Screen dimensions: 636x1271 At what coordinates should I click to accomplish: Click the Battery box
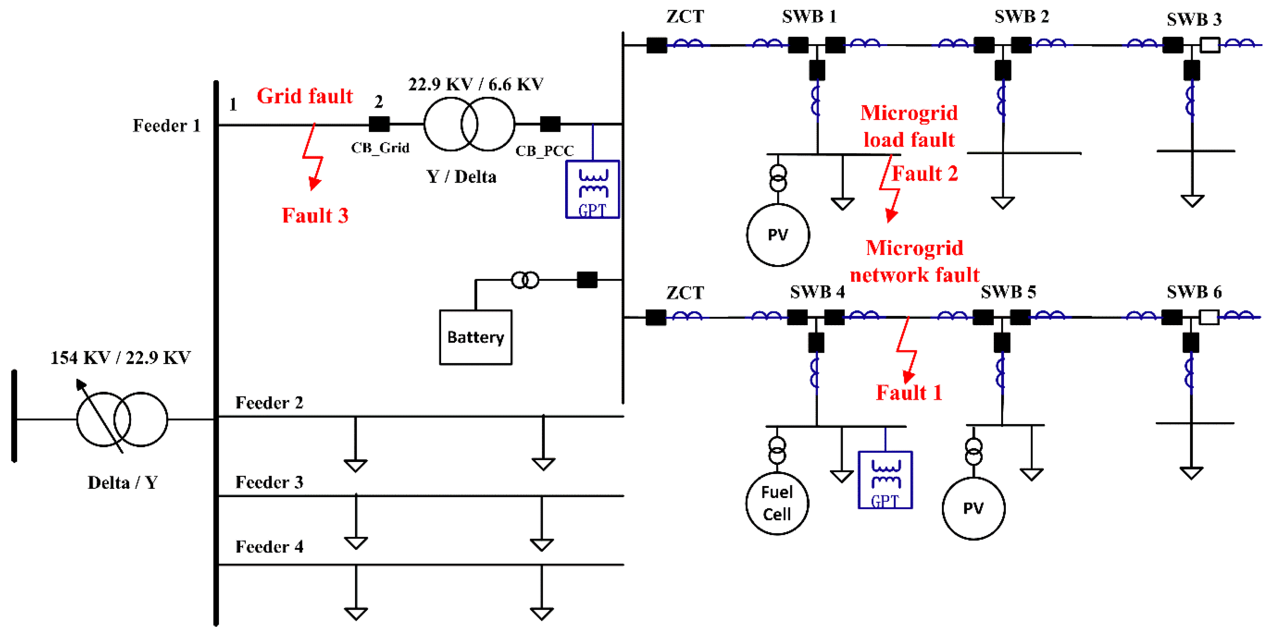click(475, 337)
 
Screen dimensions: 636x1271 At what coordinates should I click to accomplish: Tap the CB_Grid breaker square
click(379, 124)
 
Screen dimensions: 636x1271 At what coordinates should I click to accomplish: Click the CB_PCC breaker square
click(550, 124)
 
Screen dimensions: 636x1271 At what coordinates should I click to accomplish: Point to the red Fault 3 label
click(315, 215)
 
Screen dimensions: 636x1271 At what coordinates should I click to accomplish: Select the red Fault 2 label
click(924, 174)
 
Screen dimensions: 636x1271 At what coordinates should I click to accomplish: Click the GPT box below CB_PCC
click(592, 190)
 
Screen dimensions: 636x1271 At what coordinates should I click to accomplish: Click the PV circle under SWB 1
click(778, 235)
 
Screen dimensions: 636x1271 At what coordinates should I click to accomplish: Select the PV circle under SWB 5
click(973, 508)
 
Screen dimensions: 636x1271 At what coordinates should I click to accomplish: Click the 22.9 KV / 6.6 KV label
click(475, 84)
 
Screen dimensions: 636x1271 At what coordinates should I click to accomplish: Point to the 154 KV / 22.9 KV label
click(121, 357)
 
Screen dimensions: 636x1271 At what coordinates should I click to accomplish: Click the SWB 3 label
click(1193, 19)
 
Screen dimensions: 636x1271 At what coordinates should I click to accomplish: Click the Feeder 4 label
click(269, 547)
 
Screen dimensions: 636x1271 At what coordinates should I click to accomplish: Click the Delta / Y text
click(122, 482)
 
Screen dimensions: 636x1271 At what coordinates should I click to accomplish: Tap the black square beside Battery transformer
click(586, 280)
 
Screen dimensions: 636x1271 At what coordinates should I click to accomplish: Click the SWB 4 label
click(817, 292)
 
